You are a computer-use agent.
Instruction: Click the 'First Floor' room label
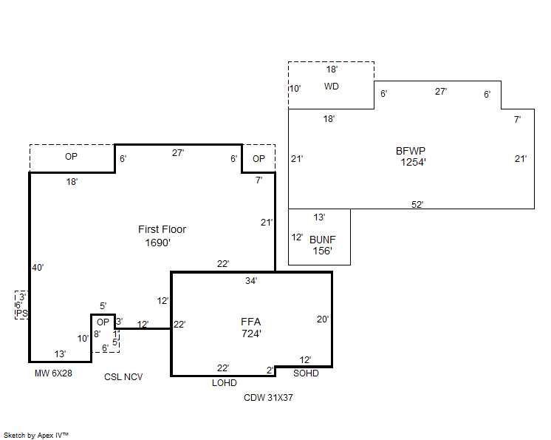[x=162, y=229]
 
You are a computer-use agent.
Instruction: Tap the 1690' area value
[x=158, y=243]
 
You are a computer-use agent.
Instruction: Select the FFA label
[x=251, y=322]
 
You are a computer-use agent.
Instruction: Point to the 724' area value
[x=252, y=334]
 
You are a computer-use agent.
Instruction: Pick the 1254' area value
[x=414, y=163]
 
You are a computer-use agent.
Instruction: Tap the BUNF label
[x=322, y=240]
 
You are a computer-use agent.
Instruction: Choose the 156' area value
[x=321, y=251]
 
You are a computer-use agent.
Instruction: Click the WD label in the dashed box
[x=332, y=87]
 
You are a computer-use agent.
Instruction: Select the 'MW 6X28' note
[x=53, y=373]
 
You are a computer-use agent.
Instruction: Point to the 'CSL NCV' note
[x=123, y=377]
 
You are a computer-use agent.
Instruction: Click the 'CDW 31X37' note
[x=269, y=398]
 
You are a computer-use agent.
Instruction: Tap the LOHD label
[x=225, y=383]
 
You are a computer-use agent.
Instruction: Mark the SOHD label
[x=306, y=373]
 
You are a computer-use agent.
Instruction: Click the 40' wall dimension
[x=38, y=267]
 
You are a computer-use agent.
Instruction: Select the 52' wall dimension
[x=417, y=204]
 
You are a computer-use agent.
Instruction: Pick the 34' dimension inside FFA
[x=251, y=281]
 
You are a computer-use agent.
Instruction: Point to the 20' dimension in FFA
[x=323, y=319]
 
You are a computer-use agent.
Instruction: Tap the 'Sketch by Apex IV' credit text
[x=36, y=435]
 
